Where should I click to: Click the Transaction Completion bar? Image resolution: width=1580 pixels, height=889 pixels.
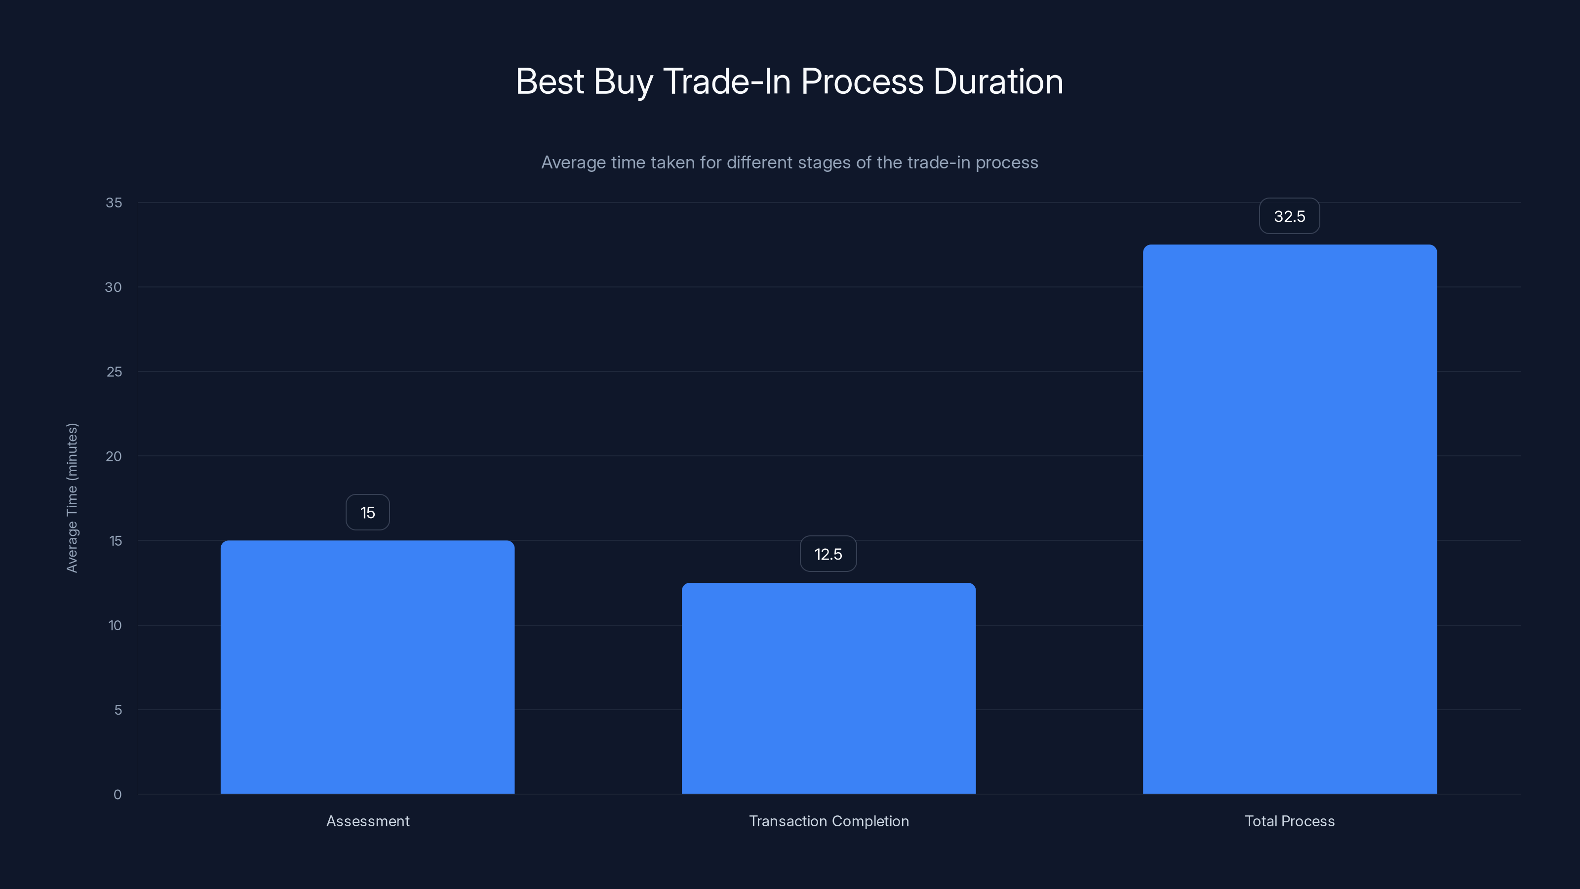829,688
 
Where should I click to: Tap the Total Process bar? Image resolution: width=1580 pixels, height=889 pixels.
1289,519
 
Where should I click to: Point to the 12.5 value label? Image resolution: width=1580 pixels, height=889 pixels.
828,554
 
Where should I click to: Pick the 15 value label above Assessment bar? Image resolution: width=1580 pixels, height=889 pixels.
367,512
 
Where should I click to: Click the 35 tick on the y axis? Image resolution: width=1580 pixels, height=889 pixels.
114,202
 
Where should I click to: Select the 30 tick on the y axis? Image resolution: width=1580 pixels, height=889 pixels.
114,287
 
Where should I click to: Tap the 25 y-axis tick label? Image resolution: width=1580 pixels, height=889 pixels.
114,372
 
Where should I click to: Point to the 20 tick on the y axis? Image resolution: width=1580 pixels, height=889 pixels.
114,456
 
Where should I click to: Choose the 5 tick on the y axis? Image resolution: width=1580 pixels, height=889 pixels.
118,710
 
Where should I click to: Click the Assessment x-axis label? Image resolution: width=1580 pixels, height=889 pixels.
367,821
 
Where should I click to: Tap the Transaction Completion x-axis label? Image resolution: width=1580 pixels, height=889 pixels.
829,821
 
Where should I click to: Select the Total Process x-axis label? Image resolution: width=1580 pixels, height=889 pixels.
1289,821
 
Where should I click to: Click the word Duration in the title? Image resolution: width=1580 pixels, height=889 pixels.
998,81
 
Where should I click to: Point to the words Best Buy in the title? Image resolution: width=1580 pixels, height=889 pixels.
584,81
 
